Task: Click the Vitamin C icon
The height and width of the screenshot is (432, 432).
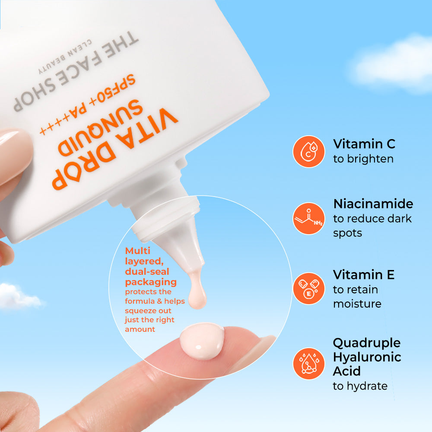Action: (x=308, y=151)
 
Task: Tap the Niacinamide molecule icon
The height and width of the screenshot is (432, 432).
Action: (x=308, y=218)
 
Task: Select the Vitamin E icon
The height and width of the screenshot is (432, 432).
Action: (x=308, y=289)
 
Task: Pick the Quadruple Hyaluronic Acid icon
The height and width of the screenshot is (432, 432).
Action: (x=308, y=363)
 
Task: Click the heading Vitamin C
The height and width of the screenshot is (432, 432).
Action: (x=364, y=143)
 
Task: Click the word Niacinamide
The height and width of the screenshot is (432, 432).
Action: (x=373, y=203)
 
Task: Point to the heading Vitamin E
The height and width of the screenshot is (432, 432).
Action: (x=363, y=274)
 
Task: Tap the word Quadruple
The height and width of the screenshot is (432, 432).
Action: (x=366, y=343)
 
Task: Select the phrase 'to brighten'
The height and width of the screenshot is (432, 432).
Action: (x=363, y=159)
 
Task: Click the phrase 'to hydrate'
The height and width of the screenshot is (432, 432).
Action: (x=360, y=386)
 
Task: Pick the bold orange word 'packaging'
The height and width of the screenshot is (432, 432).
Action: (x=151, y=282)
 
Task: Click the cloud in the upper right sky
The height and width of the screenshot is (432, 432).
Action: (x=393, y=65)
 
